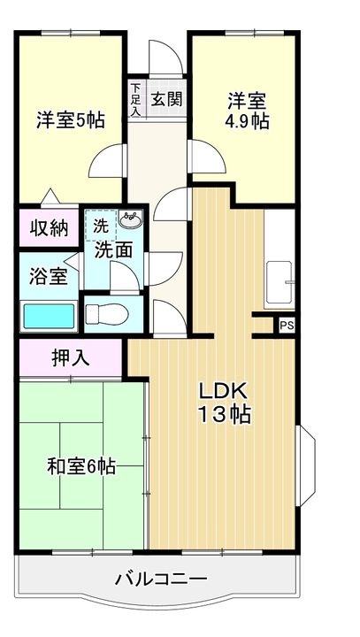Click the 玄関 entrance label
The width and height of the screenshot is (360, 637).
165,98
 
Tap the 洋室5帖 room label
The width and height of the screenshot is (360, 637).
70,119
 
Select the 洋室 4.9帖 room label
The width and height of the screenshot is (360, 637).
247,110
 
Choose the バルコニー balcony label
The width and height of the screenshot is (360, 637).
161,579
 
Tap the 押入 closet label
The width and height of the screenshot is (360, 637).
70,359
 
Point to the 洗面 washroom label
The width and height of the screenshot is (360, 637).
113,250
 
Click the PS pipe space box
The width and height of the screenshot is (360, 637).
286,326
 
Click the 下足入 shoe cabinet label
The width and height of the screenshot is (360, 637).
135,98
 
